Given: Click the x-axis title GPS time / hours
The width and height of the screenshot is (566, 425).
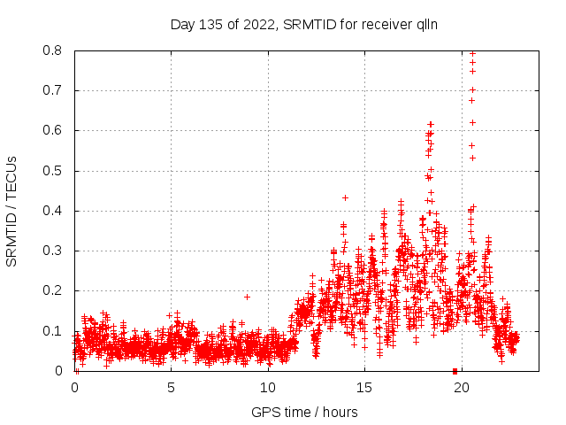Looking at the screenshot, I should [x=304, y=412].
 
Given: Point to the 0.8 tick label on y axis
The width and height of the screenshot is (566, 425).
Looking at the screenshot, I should [x=55, y=50].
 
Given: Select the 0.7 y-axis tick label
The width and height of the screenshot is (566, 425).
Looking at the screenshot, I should [x=55, y=90].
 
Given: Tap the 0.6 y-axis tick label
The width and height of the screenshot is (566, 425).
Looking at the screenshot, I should [x=55, y=130].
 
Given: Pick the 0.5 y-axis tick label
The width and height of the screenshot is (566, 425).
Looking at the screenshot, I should [x=55, y=171].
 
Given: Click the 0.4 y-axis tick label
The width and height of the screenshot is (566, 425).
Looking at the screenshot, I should [x=55, y=211].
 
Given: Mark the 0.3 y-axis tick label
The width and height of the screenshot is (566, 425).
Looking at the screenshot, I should [x=55, y=251].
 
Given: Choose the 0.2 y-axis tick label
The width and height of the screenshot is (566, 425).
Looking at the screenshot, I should [x=55, y=290].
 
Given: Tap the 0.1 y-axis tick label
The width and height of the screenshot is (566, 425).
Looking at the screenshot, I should [x=55, y=331].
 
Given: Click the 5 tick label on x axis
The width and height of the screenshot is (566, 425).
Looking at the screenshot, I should [x=171, y=387].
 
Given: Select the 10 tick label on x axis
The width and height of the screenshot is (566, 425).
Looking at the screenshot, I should [x=268, y=387].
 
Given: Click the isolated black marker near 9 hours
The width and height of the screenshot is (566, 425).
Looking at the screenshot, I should [x=247, y=297].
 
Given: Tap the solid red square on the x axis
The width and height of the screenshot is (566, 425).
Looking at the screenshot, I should [x=455, y=370].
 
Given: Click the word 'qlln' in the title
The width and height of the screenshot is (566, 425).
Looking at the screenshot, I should [x=425, y=25].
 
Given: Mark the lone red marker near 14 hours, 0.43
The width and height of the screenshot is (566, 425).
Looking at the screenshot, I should [x=345, y=197].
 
